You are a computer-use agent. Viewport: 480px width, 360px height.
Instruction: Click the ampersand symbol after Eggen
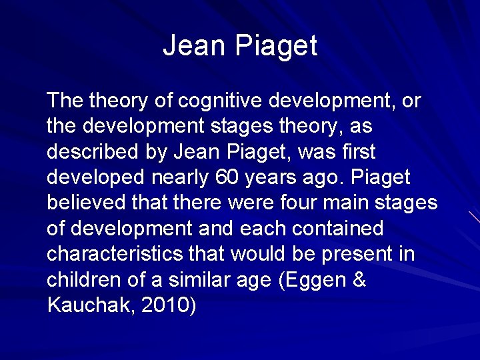(359, 279)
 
